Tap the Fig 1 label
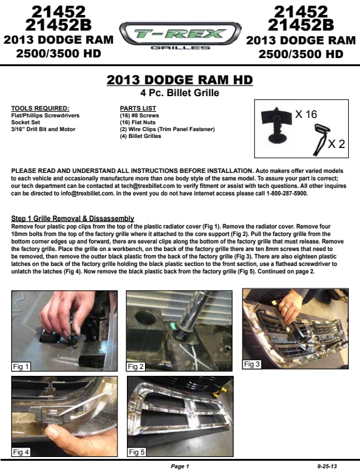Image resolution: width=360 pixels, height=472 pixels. pos(21,366)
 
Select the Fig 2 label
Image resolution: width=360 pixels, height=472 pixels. pos(136,366)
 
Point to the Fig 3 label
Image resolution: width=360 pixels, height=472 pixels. pos(251,364)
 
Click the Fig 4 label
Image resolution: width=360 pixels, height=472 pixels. pos(21,452)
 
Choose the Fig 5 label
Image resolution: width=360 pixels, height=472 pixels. pos(136,452)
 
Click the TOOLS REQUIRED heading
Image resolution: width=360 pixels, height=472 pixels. pos(40,109)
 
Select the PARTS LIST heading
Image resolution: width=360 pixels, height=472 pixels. pos(138,109)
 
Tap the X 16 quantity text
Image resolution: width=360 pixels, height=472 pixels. pos(306,114)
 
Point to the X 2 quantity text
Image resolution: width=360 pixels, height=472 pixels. pos(336,144)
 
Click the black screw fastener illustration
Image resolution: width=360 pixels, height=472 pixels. pos(276,124)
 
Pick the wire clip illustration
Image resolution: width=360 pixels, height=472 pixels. pos(321,140)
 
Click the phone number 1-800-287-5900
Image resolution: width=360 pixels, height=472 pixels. pos(287,194)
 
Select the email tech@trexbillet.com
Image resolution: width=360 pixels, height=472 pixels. pos(147,186)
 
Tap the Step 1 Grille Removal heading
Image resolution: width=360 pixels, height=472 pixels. pos(72,219)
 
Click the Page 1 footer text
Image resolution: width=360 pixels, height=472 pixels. pos(180,466)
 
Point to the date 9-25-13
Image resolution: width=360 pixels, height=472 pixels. pos(327,466)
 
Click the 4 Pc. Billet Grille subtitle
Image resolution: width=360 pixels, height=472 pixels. pos(179,92)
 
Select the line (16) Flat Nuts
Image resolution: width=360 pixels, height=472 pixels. pos(137,122)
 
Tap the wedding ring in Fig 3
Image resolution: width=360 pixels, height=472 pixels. pos(287,307)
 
